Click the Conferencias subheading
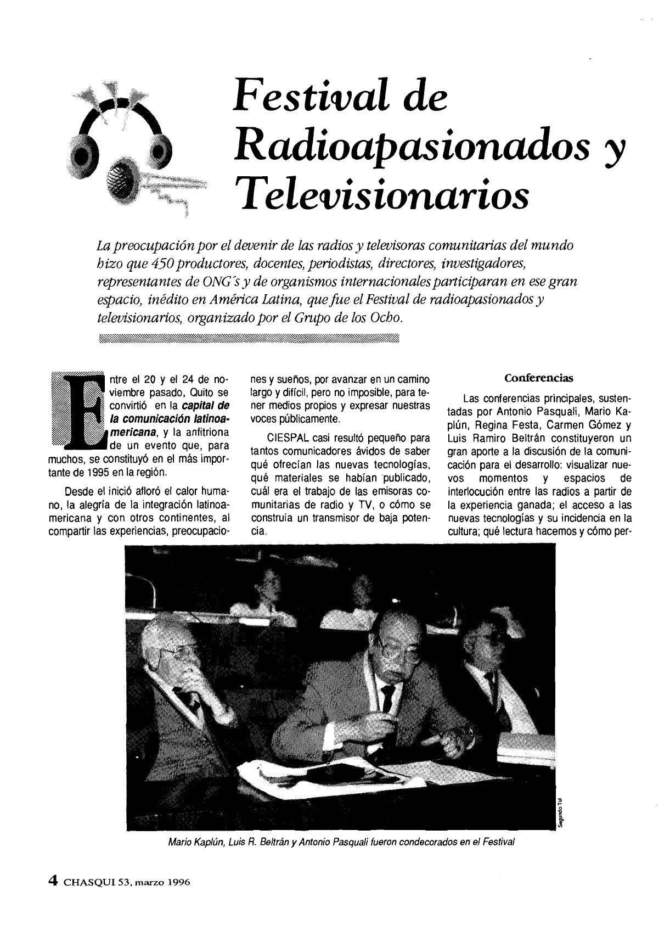(x=538, y=378)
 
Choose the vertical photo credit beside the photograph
(x=560, y=811)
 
